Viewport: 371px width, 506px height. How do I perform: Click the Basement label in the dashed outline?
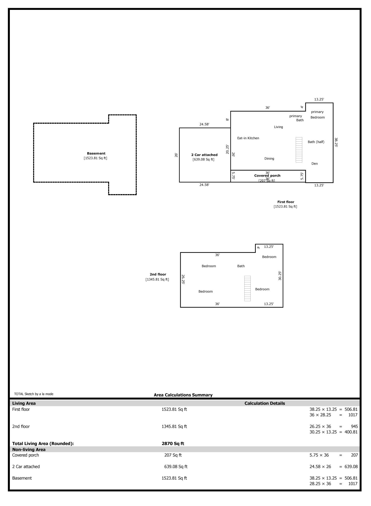coord(96,153)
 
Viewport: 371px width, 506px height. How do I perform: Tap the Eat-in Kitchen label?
coord(248,138)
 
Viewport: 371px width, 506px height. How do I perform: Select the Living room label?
coord(278,127)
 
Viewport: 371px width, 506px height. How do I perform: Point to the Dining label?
coord(269,159)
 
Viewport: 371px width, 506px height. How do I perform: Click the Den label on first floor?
coord(314,164)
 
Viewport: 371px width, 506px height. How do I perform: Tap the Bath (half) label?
coord(316,142)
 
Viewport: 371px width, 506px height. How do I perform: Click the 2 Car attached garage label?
coord(204,155)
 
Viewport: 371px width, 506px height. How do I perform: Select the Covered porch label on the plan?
coord(267,176)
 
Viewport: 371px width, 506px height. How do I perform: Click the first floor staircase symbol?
coord(299,150)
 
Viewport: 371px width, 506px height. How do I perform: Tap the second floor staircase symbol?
coord(247,288)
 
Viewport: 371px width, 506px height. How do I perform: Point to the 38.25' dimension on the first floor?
coord(336,142)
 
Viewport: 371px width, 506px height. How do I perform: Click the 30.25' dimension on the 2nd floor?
coord(280,276)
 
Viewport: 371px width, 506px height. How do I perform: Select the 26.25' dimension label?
coord(183,279)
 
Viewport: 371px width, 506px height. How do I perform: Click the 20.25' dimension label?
coord(227,149)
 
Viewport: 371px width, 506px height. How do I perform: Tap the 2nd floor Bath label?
coord(241,266)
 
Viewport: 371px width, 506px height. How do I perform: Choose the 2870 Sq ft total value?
coord(173,443)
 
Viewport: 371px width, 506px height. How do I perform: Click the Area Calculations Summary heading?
coord(183,395)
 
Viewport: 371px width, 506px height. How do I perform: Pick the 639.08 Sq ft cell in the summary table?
coord(176,467)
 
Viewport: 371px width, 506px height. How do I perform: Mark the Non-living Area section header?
coord(29,450)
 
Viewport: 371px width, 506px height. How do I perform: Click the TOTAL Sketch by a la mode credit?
coord(34,394)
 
